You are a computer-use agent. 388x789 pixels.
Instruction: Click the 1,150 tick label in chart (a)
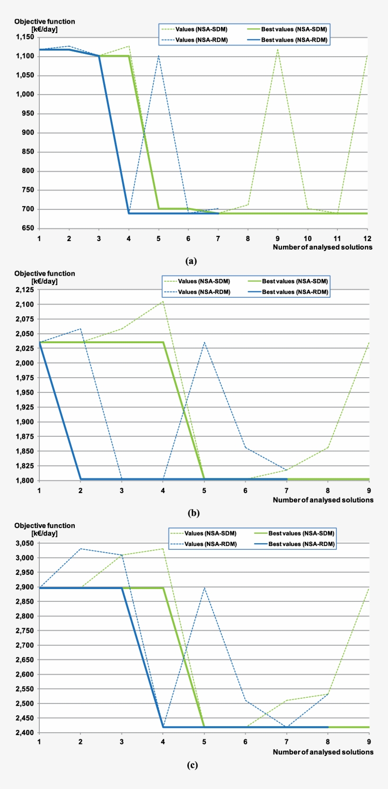point(24,37)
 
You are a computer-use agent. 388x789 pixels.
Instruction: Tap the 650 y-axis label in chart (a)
point(28,228)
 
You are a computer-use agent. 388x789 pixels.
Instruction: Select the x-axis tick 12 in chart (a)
point(367,238)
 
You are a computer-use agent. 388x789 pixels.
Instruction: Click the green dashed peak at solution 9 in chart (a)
point(277,50)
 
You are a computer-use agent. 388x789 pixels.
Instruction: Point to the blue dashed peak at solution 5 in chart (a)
point(159,56)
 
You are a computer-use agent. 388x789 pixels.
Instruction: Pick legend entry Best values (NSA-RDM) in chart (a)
point(293,40)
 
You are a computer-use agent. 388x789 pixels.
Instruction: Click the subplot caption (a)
point(191,261)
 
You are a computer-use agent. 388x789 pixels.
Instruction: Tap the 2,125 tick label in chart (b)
point(24,290)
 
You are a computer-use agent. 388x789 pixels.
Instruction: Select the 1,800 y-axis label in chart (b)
point(24,481)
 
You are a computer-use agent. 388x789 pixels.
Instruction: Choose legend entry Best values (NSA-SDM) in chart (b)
point(294,281)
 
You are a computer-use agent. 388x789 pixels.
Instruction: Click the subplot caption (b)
point(193,513)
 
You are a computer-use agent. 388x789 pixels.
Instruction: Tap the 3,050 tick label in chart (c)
point(24,543)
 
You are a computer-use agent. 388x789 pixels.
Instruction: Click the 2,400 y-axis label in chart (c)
point(24,733)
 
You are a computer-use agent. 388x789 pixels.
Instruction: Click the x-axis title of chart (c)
point(323,752)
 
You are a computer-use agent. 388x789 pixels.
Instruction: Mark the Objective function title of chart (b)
point(44,274)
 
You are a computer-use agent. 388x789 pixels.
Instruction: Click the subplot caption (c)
point(192,765)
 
